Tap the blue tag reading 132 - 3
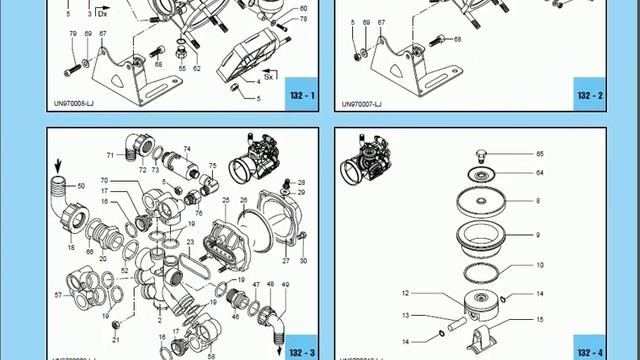(x=302, y=351)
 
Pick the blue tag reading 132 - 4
(x=590, y=351)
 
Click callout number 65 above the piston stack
(x=541, y=154)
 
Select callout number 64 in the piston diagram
(x=541, y=173)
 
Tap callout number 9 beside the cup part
(x=541, y=235)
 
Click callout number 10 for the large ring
(x=541, y=265)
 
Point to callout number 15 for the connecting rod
(x=541, y=320)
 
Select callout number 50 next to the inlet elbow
(x=82, y=187)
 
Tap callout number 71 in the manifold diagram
(x=110, y=156)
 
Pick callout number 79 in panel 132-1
(x=72, y=34)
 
